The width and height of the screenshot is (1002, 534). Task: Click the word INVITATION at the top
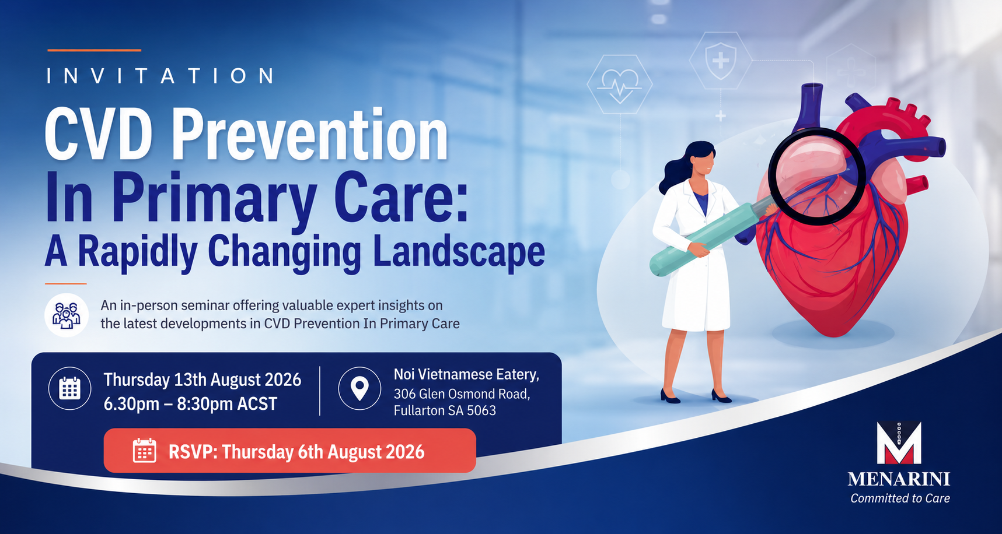[160, 76]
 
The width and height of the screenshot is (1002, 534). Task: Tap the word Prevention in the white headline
[309, 135]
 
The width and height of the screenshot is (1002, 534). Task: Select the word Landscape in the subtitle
[459, 251]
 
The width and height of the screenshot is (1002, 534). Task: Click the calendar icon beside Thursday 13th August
[69, 388]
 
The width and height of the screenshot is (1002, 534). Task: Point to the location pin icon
[359, 388]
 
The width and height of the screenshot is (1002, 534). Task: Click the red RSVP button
[289, 451]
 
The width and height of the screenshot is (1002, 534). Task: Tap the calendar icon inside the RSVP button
[144, 451]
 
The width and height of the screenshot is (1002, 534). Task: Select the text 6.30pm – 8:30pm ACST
[190, 404]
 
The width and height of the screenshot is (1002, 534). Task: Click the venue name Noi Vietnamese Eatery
[466, 375]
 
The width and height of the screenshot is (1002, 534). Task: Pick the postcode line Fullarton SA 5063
[445, 410]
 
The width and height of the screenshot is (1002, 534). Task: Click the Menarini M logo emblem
[899, 442]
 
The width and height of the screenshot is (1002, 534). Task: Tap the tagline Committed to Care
[900, 498]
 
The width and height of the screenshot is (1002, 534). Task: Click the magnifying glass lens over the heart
[816, 176]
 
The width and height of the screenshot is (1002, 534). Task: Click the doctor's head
[700, 160]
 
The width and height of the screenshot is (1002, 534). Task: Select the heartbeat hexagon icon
[620, 85]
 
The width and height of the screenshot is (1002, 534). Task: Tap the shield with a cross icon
[721, 61]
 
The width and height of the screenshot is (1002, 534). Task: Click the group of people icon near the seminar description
[67, 315]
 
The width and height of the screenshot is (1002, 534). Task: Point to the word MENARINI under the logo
[899, 479]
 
